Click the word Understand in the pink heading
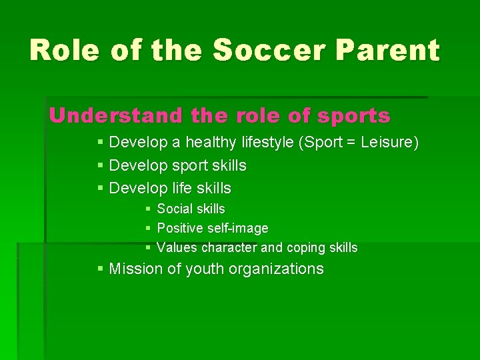coord(117,116)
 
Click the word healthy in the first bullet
coord(211,143)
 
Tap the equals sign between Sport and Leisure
coord(330,143)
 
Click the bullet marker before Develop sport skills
coord(100,165)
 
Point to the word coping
coord(305,248)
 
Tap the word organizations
coord(279,269)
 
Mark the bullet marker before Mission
coord(100,269)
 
